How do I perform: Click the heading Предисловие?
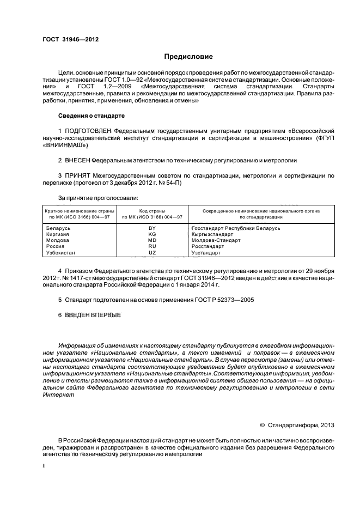click(188, 56)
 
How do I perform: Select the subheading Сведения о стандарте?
click(91, 116)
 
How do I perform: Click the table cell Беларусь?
click(57, 228)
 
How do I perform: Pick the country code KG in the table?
click(152, 234)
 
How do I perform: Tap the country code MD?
click(152, 240)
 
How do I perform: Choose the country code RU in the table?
click(152, 246)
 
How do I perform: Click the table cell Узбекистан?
click(61, 253)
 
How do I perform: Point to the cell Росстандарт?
click(208, 246)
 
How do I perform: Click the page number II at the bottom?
click(45, 466)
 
